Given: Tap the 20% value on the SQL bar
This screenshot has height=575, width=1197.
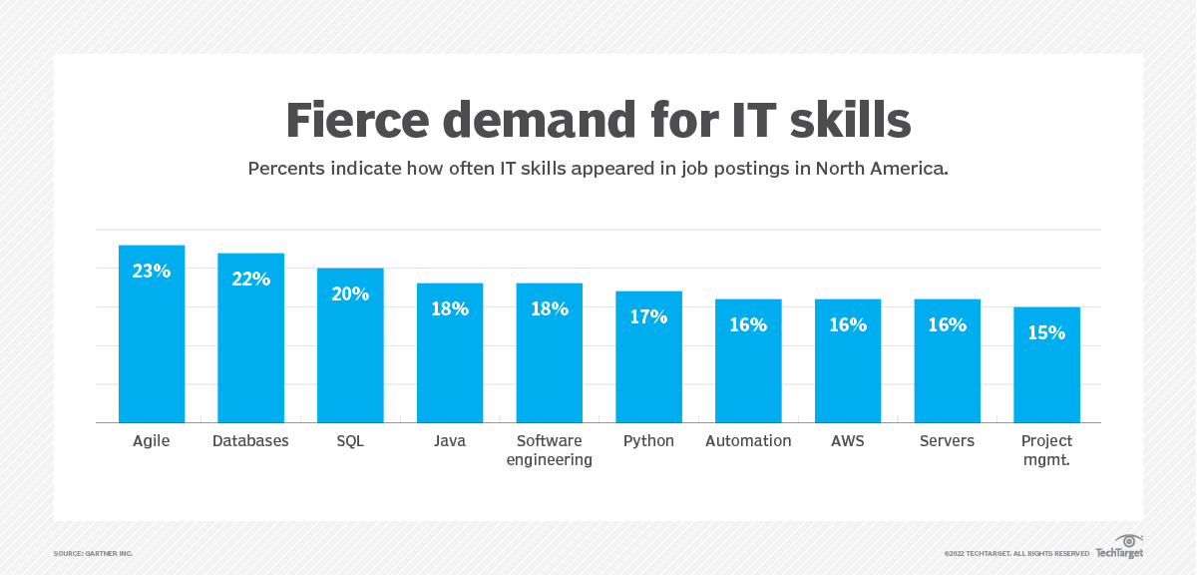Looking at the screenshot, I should (350, 293).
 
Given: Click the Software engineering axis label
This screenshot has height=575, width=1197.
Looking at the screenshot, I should (549, 450).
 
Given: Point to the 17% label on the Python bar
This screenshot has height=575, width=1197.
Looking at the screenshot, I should (648, 316).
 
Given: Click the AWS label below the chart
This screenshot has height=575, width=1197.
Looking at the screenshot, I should (848, 441).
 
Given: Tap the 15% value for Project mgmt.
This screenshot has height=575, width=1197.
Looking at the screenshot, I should (1046, 332).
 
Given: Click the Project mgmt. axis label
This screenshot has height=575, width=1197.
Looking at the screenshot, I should (1046, 450).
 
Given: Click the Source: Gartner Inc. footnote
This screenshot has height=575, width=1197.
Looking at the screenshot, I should (93, 553).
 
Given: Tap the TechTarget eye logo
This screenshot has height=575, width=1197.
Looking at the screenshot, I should (1129, 541).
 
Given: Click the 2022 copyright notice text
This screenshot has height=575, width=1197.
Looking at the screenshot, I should (1016, 553).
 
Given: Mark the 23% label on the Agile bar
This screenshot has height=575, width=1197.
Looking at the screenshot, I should (152, 271).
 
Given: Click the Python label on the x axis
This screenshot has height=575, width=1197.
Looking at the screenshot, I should (648, 441).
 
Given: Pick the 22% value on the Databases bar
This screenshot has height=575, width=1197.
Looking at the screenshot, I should (250, 279).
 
